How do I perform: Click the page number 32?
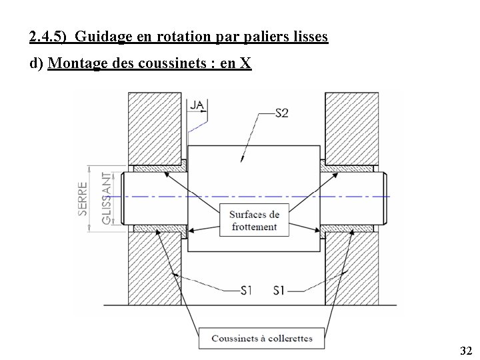[x=466, y=351]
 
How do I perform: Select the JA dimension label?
[x=197, y=105]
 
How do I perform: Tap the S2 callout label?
[x=281, y=113]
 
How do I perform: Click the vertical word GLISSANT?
[x=107, y=198]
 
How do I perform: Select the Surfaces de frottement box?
[x=254, y=221]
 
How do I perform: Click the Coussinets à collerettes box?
[x=261, y=338]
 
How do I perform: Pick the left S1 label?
[x=247, y=290]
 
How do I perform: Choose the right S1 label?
[x=280, y=290]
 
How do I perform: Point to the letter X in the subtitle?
[x=245, y=64]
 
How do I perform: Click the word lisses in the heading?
[x=310, y=37]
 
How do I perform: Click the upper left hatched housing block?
[x=155, y=127]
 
